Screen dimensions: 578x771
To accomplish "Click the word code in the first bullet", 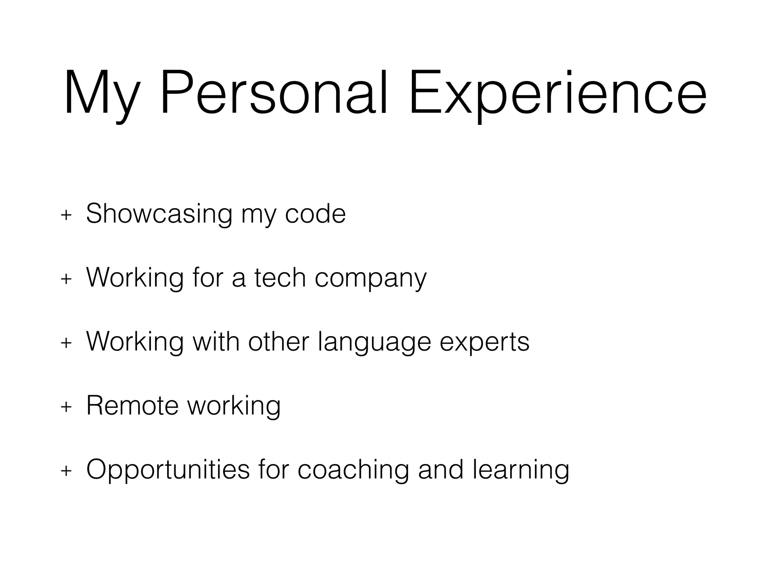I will point(315,214).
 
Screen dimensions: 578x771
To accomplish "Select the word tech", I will point(280,278).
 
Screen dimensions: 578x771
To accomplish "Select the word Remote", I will point(132,406).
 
